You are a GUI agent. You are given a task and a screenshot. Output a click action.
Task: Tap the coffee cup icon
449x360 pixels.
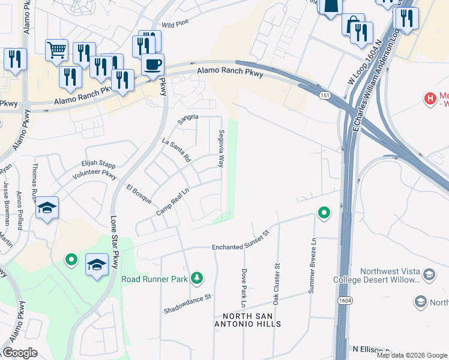tap(152, 64)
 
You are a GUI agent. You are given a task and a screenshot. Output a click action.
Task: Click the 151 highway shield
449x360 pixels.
tap(325, 95)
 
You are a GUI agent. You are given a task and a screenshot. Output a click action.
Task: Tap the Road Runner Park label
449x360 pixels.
tap(155, 278)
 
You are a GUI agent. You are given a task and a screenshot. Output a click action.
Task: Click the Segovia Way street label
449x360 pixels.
tap(221, 148)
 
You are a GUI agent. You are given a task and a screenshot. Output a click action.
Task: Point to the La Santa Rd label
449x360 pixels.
tap(176, 150)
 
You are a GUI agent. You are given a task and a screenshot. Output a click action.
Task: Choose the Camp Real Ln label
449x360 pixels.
tap(173, 203)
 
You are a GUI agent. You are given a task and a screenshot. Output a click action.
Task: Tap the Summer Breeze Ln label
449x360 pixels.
tap(312, 274)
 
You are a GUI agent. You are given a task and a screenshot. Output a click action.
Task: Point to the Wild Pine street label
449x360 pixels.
tap(175, 25)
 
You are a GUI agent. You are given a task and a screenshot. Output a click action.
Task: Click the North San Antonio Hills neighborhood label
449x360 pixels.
tap(252, 320)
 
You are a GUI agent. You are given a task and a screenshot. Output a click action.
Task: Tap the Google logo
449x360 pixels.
tap(20, 353)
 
